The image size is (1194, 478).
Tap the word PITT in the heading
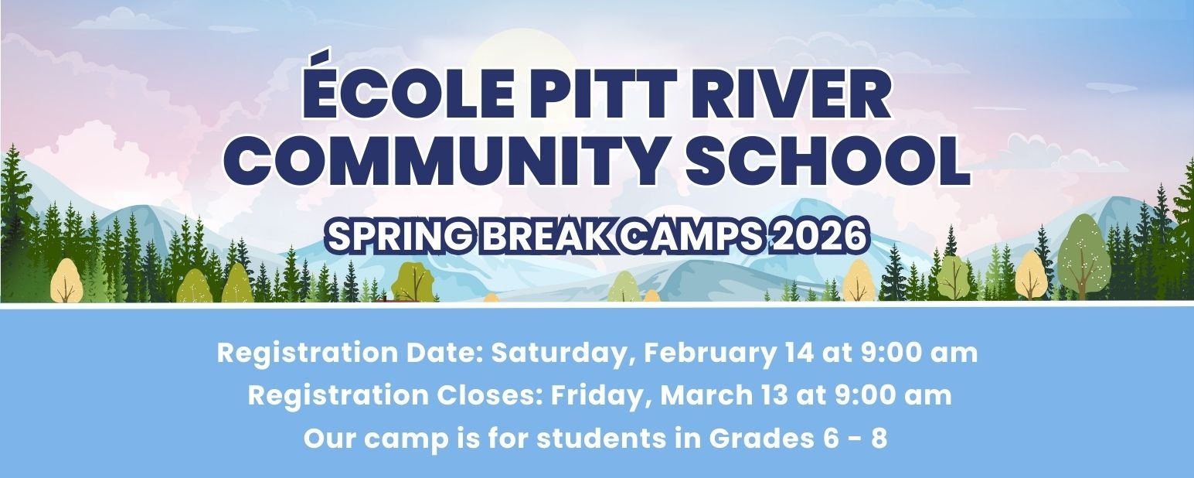tap(594, 95)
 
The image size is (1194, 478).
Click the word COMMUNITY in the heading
tap(441, 160)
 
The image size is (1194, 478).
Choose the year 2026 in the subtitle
tap(818, 235)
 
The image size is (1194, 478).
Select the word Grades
tap(760, 439)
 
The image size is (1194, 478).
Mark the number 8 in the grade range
tap(879, 439)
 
